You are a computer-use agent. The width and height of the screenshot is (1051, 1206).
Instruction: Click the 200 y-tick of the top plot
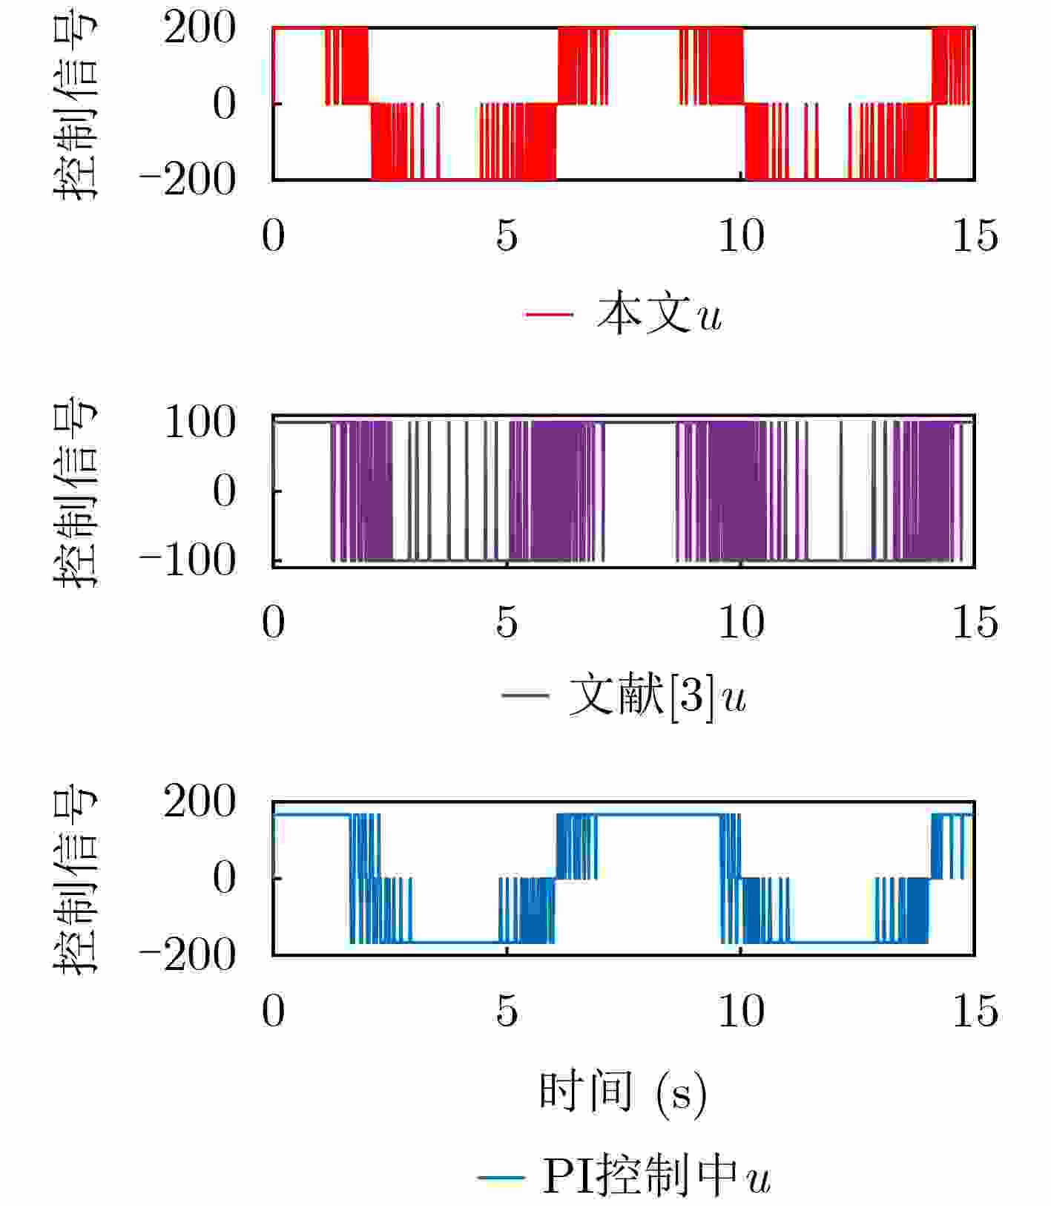[200, 30]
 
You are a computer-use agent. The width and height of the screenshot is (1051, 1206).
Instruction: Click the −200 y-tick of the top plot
[188, 180]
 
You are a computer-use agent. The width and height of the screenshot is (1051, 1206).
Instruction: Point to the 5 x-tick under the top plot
[507, 236]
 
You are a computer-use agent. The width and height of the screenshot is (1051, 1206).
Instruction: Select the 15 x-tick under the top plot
[975, 236]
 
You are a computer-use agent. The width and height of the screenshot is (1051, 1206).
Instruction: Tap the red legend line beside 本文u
[549, 315]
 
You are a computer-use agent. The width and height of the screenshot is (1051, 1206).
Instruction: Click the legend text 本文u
[659, 315]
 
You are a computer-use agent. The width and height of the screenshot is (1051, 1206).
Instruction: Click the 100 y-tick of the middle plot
[200, 423]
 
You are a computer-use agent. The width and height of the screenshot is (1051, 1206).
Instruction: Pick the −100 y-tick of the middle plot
[188, 560]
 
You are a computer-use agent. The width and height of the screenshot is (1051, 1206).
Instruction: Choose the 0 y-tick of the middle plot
[224, 491]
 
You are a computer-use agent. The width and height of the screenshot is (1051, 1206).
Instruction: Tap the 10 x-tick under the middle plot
[741, 622]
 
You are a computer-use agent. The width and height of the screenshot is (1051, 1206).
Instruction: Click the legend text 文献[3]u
[657, 696]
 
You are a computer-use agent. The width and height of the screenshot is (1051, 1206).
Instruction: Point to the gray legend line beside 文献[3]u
[525, 695]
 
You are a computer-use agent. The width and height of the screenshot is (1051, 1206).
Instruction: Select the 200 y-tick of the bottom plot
[200, 802]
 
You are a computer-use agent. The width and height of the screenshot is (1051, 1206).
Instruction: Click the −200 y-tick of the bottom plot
[188, 955]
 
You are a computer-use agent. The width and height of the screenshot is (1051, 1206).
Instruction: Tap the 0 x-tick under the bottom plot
[273, 1011]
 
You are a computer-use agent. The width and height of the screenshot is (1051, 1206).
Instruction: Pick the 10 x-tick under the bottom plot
[741, 1011]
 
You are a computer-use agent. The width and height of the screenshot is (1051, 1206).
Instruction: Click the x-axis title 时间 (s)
[622, 1092]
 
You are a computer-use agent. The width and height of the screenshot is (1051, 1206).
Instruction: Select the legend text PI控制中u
[656, 1176]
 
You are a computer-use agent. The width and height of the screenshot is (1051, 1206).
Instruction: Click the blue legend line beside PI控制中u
[501, 1177]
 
